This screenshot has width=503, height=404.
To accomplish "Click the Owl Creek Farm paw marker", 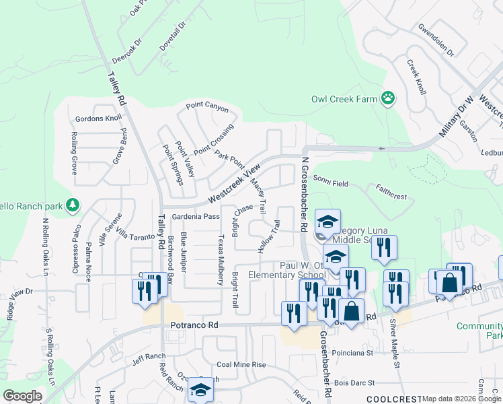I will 388,99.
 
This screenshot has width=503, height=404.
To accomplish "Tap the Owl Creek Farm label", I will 344,99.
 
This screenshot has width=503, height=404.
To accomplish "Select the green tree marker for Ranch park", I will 73,205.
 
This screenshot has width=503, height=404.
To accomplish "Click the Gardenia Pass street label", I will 196,217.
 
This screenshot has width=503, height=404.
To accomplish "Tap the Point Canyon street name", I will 207,108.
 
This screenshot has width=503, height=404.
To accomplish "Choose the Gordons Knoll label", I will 98,118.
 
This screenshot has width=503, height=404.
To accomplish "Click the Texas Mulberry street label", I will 221,259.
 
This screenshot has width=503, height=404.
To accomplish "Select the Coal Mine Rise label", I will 241,365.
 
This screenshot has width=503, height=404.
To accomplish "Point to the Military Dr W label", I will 457,118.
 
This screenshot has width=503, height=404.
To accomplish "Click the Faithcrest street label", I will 392,193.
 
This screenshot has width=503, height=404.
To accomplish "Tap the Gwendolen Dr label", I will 436,41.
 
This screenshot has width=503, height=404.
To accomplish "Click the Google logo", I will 22,396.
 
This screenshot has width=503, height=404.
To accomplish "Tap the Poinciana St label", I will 352,352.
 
